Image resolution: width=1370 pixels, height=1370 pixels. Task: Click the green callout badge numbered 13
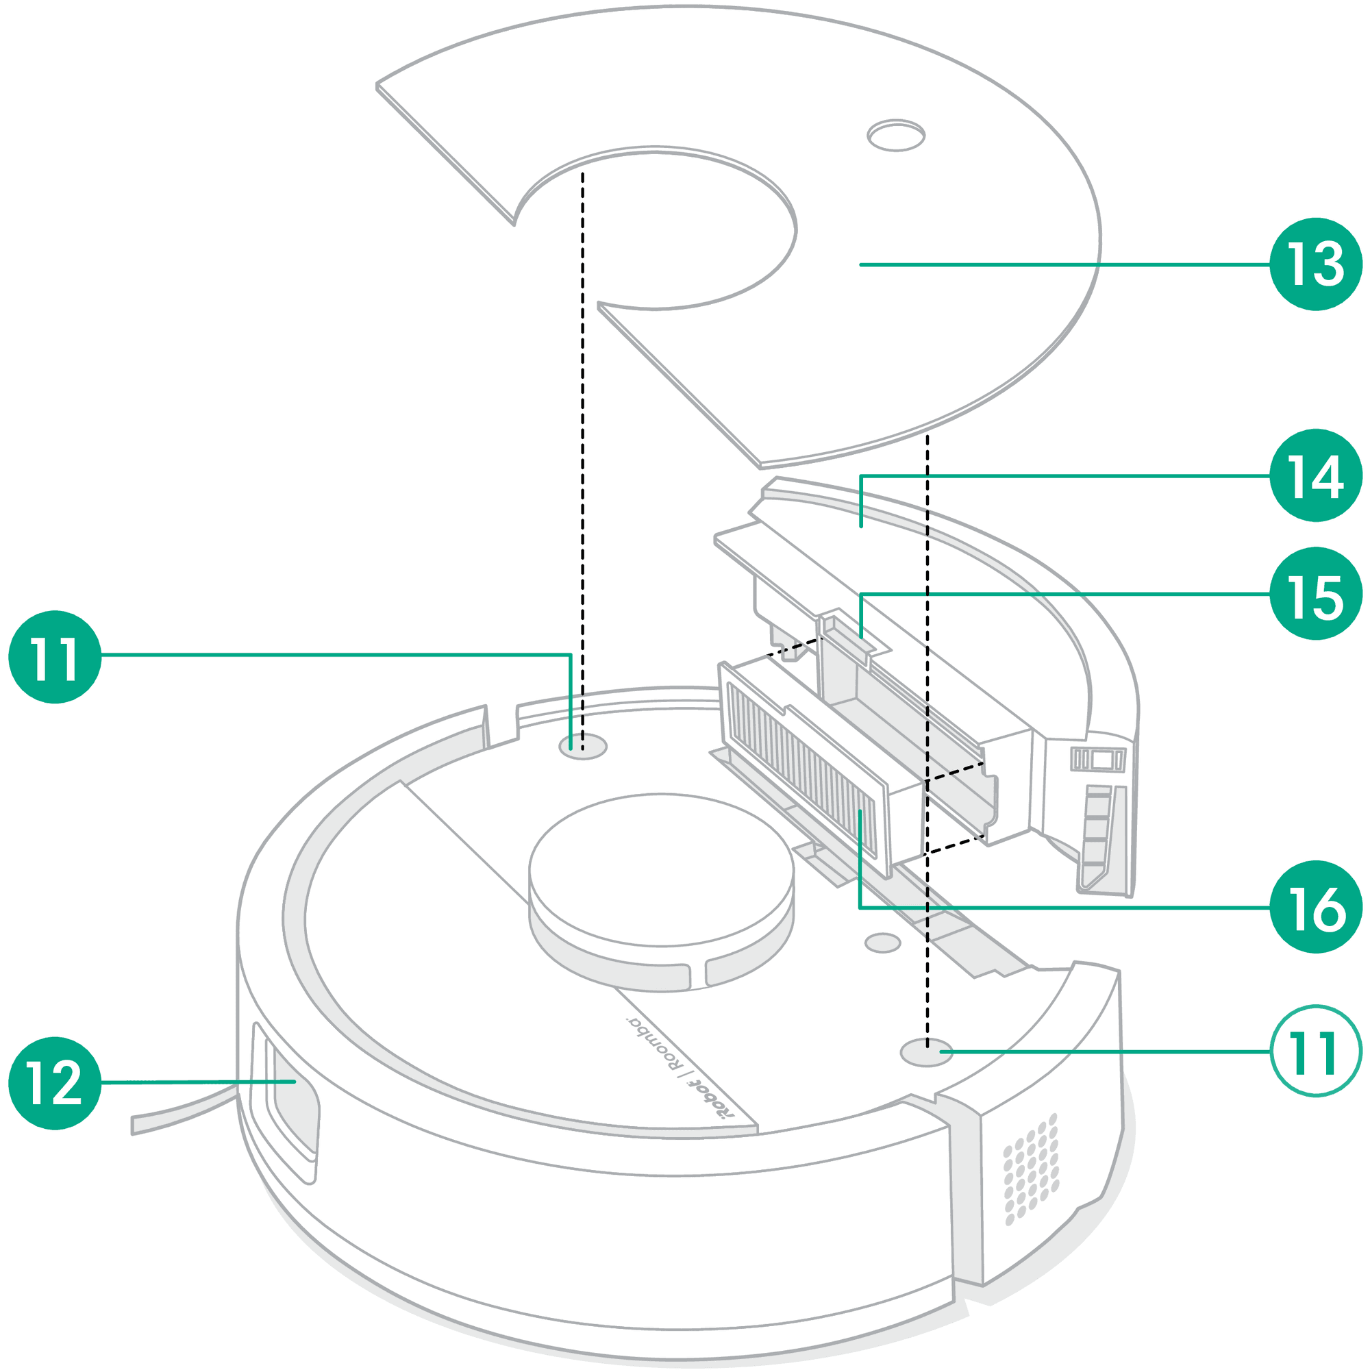coord(1315,264)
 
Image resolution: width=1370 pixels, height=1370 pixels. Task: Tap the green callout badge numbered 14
coord(1315,475)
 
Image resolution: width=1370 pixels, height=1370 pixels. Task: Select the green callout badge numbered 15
coord(1315,593)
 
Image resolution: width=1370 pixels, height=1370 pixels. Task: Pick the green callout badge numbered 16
coord(1315,907)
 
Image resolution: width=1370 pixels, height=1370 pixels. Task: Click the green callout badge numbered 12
coord(55,1083)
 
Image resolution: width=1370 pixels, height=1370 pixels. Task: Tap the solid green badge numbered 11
coord(55,657)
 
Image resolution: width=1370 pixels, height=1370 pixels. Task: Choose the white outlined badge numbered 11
coord(1315,1051)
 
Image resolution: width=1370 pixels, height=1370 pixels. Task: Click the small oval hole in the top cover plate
coord(895,136)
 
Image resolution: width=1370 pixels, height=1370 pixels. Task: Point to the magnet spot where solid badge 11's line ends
coord(582,746)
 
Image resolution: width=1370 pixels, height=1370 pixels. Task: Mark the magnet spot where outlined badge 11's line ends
coord(926,1051)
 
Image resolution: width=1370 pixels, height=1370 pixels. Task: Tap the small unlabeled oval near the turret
coord(883,943)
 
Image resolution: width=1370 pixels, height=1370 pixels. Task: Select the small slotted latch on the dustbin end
coord(1097,760)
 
